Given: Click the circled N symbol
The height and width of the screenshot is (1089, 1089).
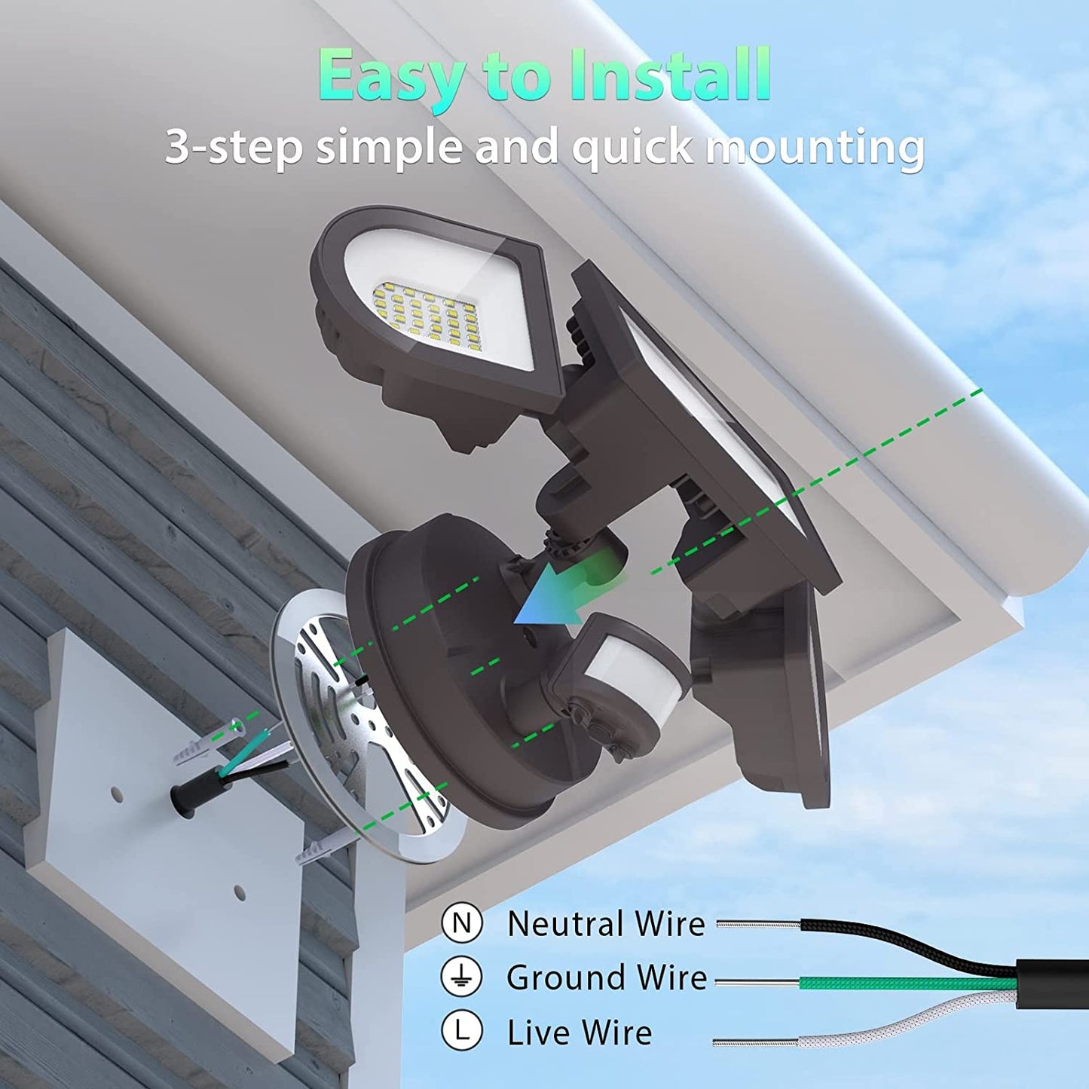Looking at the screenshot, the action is [x=462, y=922].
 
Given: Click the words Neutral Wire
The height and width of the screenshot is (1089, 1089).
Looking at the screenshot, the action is [x=607, y=923].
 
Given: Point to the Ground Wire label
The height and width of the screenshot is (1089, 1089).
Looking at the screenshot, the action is [x=607, y=977].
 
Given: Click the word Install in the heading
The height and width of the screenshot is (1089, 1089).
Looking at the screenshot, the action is [x=670, y=75].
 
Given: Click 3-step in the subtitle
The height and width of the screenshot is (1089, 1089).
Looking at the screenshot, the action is [x=234, y=148].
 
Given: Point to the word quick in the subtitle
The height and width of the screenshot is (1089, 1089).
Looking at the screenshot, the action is [x=633, y=148].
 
